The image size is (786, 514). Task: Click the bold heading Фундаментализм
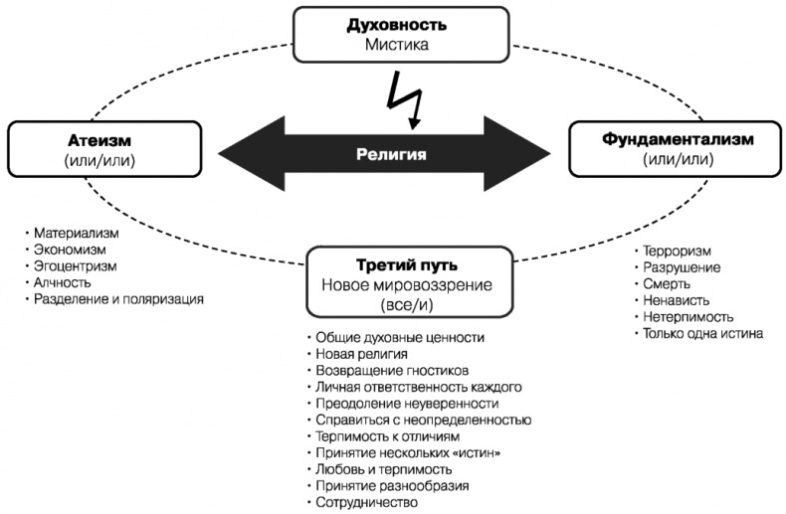[674, 140]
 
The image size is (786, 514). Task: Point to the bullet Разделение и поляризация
[116, 298]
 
